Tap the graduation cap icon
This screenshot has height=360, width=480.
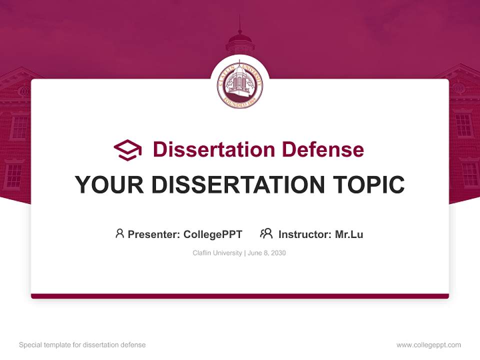tap(127, 150)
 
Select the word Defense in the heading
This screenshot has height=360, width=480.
tap(323, 149)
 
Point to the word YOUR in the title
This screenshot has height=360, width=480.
tap(109, 184)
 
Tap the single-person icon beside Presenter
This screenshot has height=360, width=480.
tap(119, 233)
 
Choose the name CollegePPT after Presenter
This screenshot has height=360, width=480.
tap(213, 234)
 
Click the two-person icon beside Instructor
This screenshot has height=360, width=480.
tap(266, 233)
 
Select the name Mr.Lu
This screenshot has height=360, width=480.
tap(349, 234)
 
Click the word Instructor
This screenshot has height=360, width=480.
tap(305, 234)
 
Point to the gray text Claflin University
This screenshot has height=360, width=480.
tap(217, 253)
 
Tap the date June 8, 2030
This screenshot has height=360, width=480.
tap(266, 253)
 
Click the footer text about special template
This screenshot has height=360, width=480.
tap(82, 345)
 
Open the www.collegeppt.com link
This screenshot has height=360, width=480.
tap(429, 345)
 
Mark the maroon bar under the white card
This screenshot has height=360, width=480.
tap(240, 296)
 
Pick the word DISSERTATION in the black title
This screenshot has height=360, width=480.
tap(238, 184)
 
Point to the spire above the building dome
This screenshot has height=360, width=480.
tap(240, 24)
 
